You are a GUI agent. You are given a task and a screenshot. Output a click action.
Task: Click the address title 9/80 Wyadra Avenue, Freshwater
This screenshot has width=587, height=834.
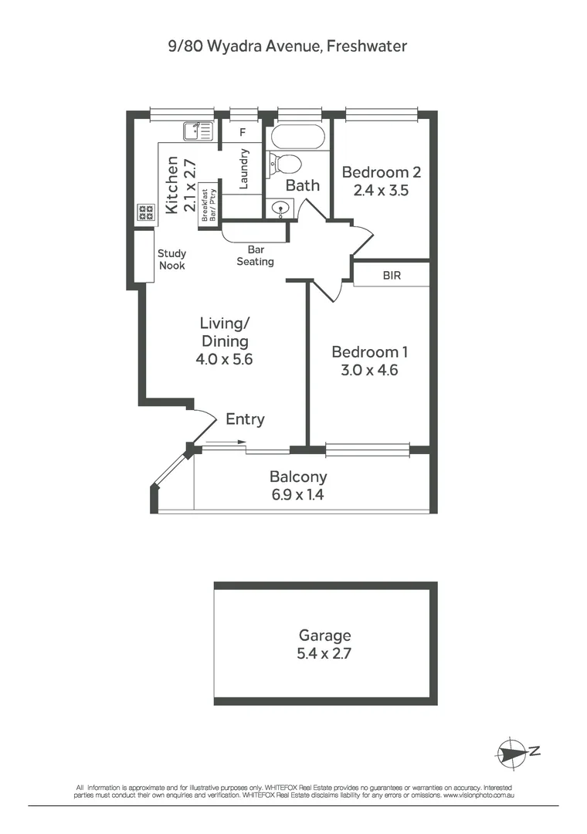[x=288, y=46]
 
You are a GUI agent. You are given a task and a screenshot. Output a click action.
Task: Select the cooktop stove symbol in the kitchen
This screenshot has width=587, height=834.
[x=145, y=212]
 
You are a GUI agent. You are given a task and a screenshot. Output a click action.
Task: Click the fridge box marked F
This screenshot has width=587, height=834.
[x=242, y=132]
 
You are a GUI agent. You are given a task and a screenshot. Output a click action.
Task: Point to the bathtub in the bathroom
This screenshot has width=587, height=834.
[x=298, y=137]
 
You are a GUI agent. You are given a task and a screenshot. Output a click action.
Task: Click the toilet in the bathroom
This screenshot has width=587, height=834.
[x=284, y=164]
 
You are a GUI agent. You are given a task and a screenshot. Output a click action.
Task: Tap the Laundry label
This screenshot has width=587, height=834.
[x=243, y=168]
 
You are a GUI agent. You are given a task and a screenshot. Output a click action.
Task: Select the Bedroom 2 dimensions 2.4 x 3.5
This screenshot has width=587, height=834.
[x=381, y=189]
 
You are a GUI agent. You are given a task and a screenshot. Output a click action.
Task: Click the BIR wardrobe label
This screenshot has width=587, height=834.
[x=392, y=275]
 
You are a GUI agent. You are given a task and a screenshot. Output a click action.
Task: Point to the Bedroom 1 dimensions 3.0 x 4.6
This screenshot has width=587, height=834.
[x=369, y=370]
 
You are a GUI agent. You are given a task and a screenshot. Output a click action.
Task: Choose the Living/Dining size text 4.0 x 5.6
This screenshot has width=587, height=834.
[x=225, y=359]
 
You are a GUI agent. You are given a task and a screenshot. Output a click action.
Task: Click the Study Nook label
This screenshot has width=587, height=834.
[x=171, y=259]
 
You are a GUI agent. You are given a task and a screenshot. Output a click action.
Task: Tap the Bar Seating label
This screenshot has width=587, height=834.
[x=255, y=256]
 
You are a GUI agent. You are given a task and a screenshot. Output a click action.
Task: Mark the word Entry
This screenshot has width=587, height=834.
[x=245, y=419]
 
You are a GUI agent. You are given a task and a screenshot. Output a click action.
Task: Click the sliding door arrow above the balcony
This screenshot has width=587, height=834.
[x=226, y=442]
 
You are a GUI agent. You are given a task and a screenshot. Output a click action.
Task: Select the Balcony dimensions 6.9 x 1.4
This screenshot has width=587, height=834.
[x=297, y=495]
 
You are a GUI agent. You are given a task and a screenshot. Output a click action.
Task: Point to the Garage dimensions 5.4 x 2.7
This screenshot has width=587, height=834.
[x=325, y=653]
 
